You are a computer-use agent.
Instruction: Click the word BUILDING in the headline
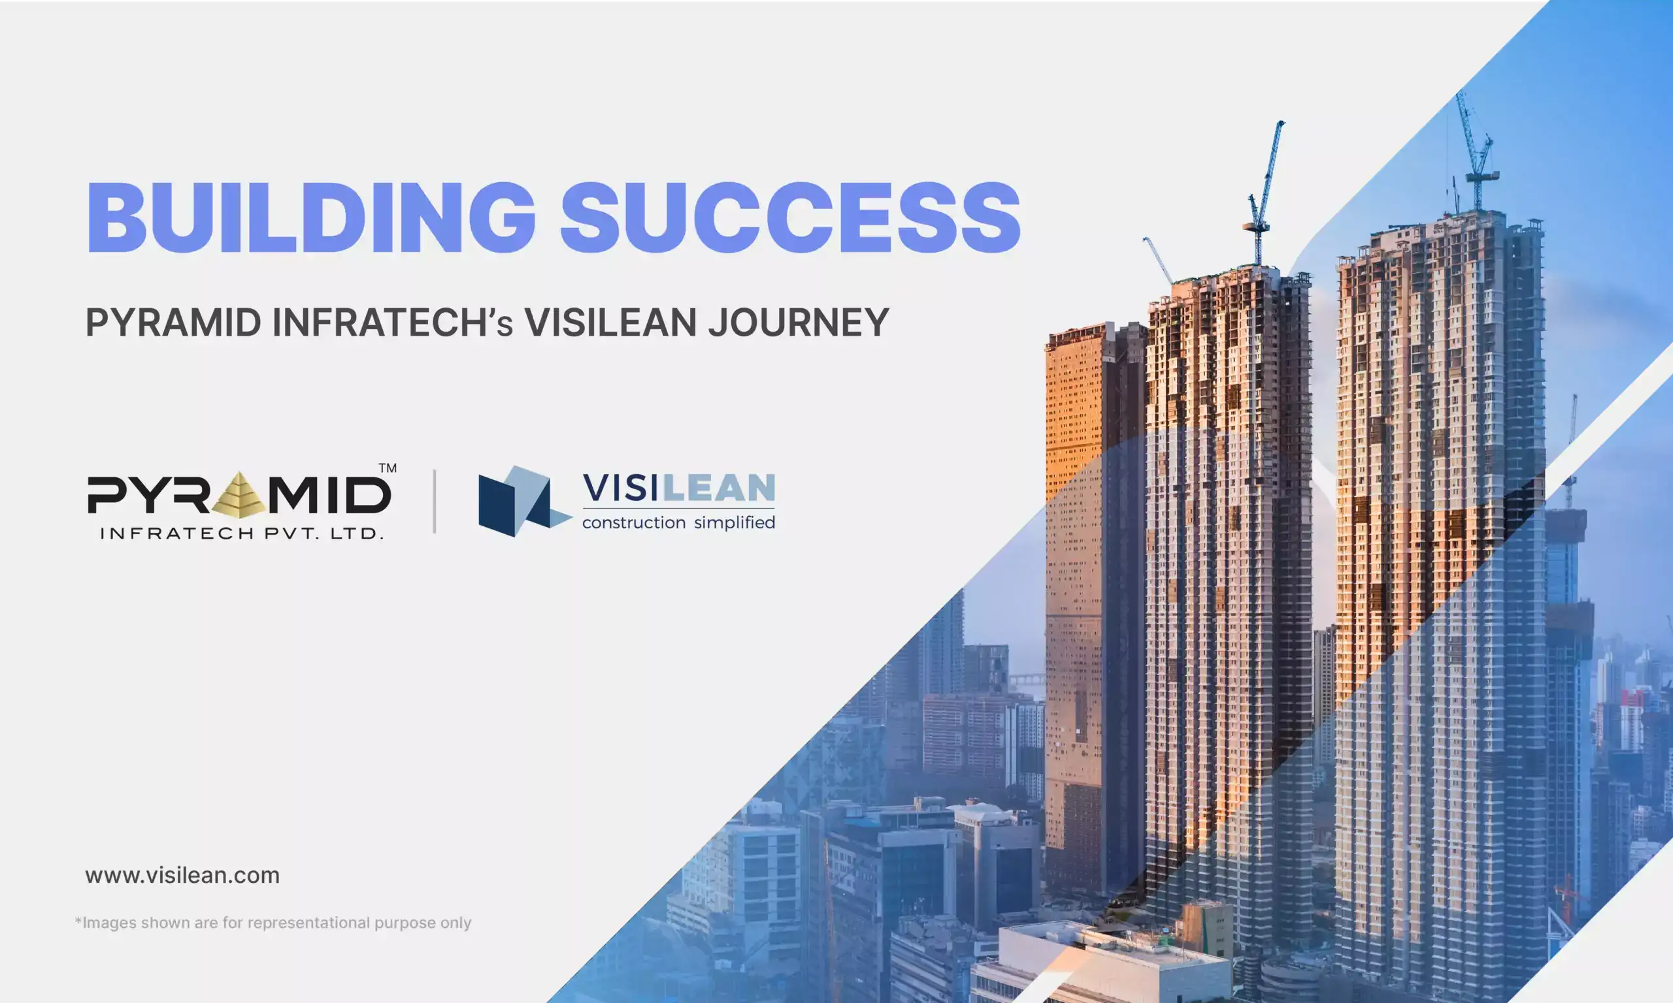[312, 217]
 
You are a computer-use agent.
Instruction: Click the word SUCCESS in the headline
[791, 217]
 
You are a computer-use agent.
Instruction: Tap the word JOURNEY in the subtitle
[798, 323]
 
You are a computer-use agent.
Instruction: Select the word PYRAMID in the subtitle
[173, 323]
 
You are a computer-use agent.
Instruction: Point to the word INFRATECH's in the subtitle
[392, 323]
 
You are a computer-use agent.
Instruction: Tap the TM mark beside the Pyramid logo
[388, 468]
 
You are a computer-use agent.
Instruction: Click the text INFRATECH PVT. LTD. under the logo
[242, 533]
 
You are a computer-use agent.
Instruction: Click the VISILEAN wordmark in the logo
[678, 488]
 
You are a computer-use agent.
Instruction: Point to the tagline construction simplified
[678, 522]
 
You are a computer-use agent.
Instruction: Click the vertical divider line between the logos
[434, 501]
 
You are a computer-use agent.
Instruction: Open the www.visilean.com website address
[182, 875]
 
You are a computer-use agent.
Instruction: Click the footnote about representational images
[273, 923]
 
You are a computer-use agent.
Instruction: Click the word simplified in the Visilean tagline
[735, 522]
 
